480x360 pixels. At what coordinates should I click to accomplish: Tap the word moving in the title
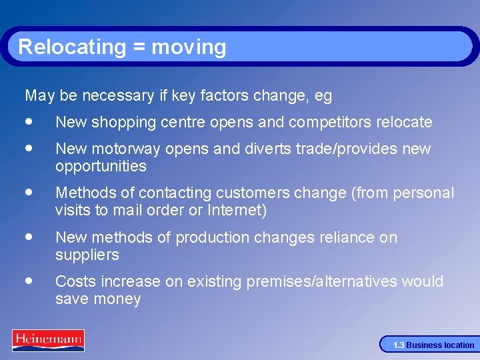click(x=189, y=47)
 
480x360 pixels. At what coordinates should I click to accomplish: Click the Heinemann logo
click(x=48, y=340)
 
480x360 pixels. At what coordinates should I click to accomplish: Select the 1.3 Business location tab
click(x=433, y=345)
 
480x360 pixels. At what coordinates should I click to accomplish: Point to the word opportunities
click(x=100, y=166)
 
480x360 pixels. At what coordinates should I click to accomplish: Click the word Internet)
click(x=238, y=211)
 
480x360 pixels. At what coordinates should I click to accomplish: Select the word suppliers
click(x=87, y=255)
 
